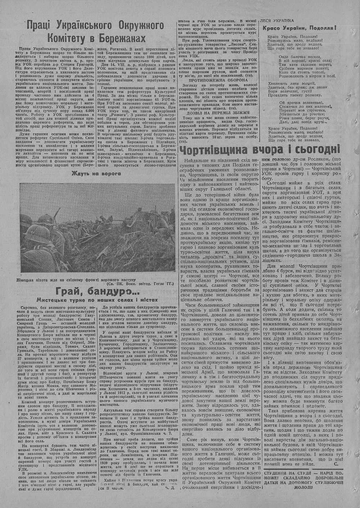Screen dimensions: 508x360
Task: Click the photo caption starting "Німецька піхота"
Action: pyautogui.click(x=76, y=280)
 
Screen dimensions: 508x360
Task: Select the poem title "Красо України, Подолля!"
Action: pyautogui.click(x=300, y=28)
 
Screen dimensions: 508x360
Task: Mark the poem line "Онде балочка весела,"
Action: pyautogui.click(x=301, y=57)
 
